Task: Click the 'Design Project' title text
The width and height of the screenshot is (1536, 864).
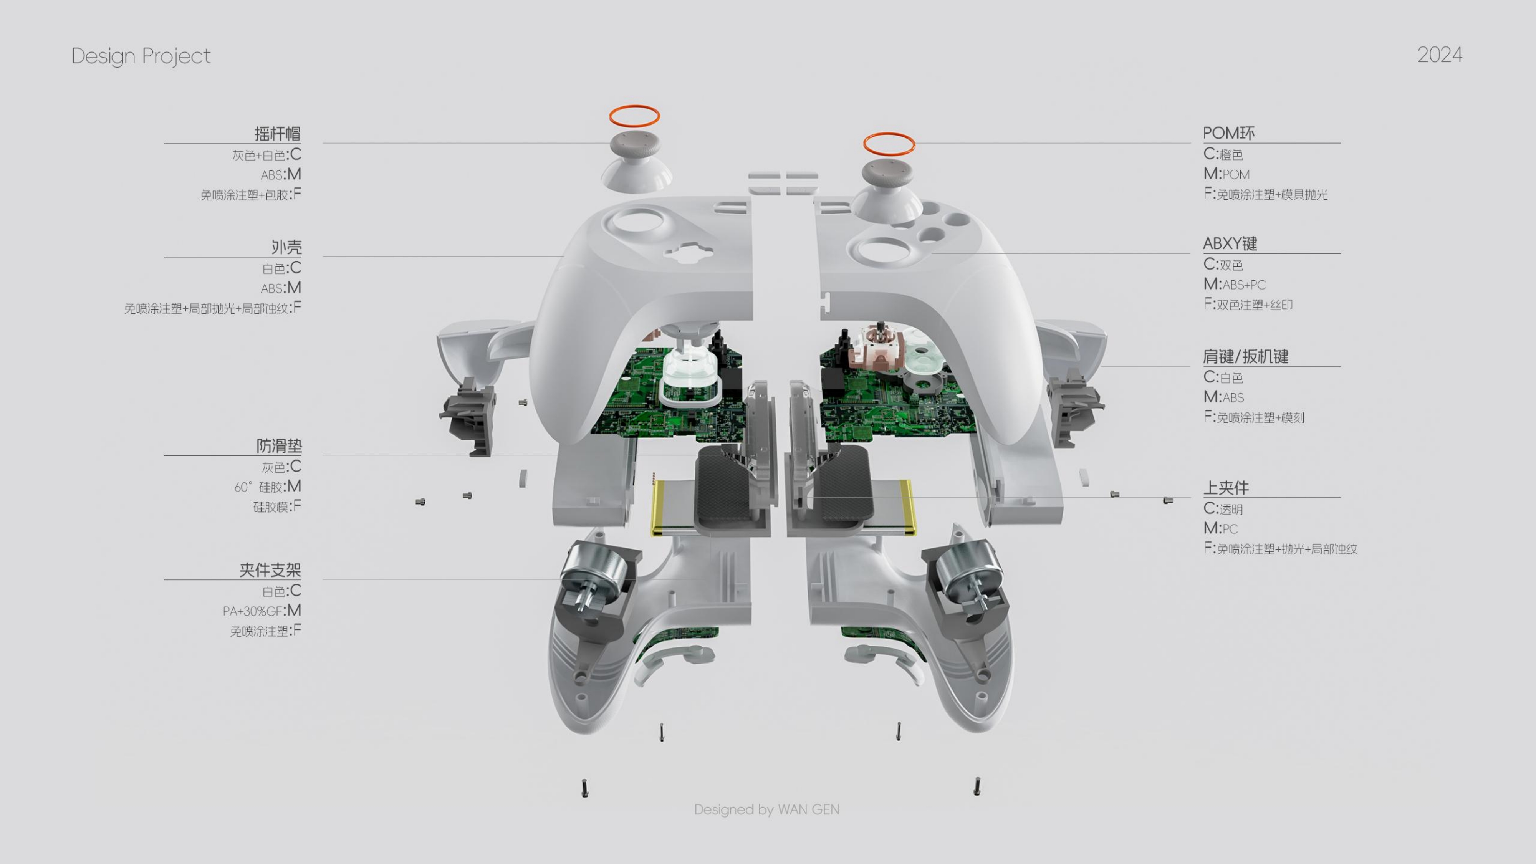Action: (141, 56)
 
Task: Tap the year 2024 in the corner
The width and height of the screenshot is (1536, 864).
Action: (1439, 55)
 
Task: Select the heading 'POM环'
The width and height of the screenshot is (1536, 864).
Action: (1228, 133)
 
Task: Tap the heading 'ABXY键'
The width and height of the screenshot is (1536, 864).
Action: (1230, 243)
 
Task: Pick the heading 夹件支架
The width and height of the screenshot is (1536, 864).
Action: (270, 570)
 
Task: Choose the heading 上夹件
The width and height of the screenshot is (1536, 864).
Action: (1225, 488)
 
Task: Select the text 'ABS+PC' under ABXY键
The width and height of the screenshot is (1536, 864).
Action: (1243, 285)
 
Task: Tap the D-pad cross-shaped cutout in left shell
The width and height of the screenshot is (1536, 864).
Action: (689, 252)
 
